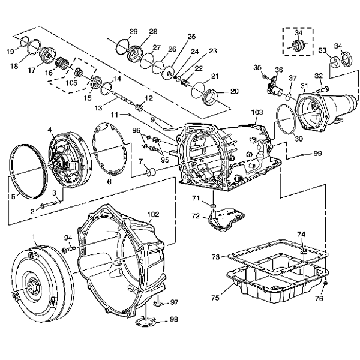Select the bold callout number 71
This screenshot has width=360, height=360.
196,197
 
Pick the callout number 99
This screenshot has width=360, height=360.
317,154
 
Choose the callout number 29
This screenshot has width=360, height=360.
133,31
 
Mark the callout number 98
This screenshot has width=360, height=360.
174,319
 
